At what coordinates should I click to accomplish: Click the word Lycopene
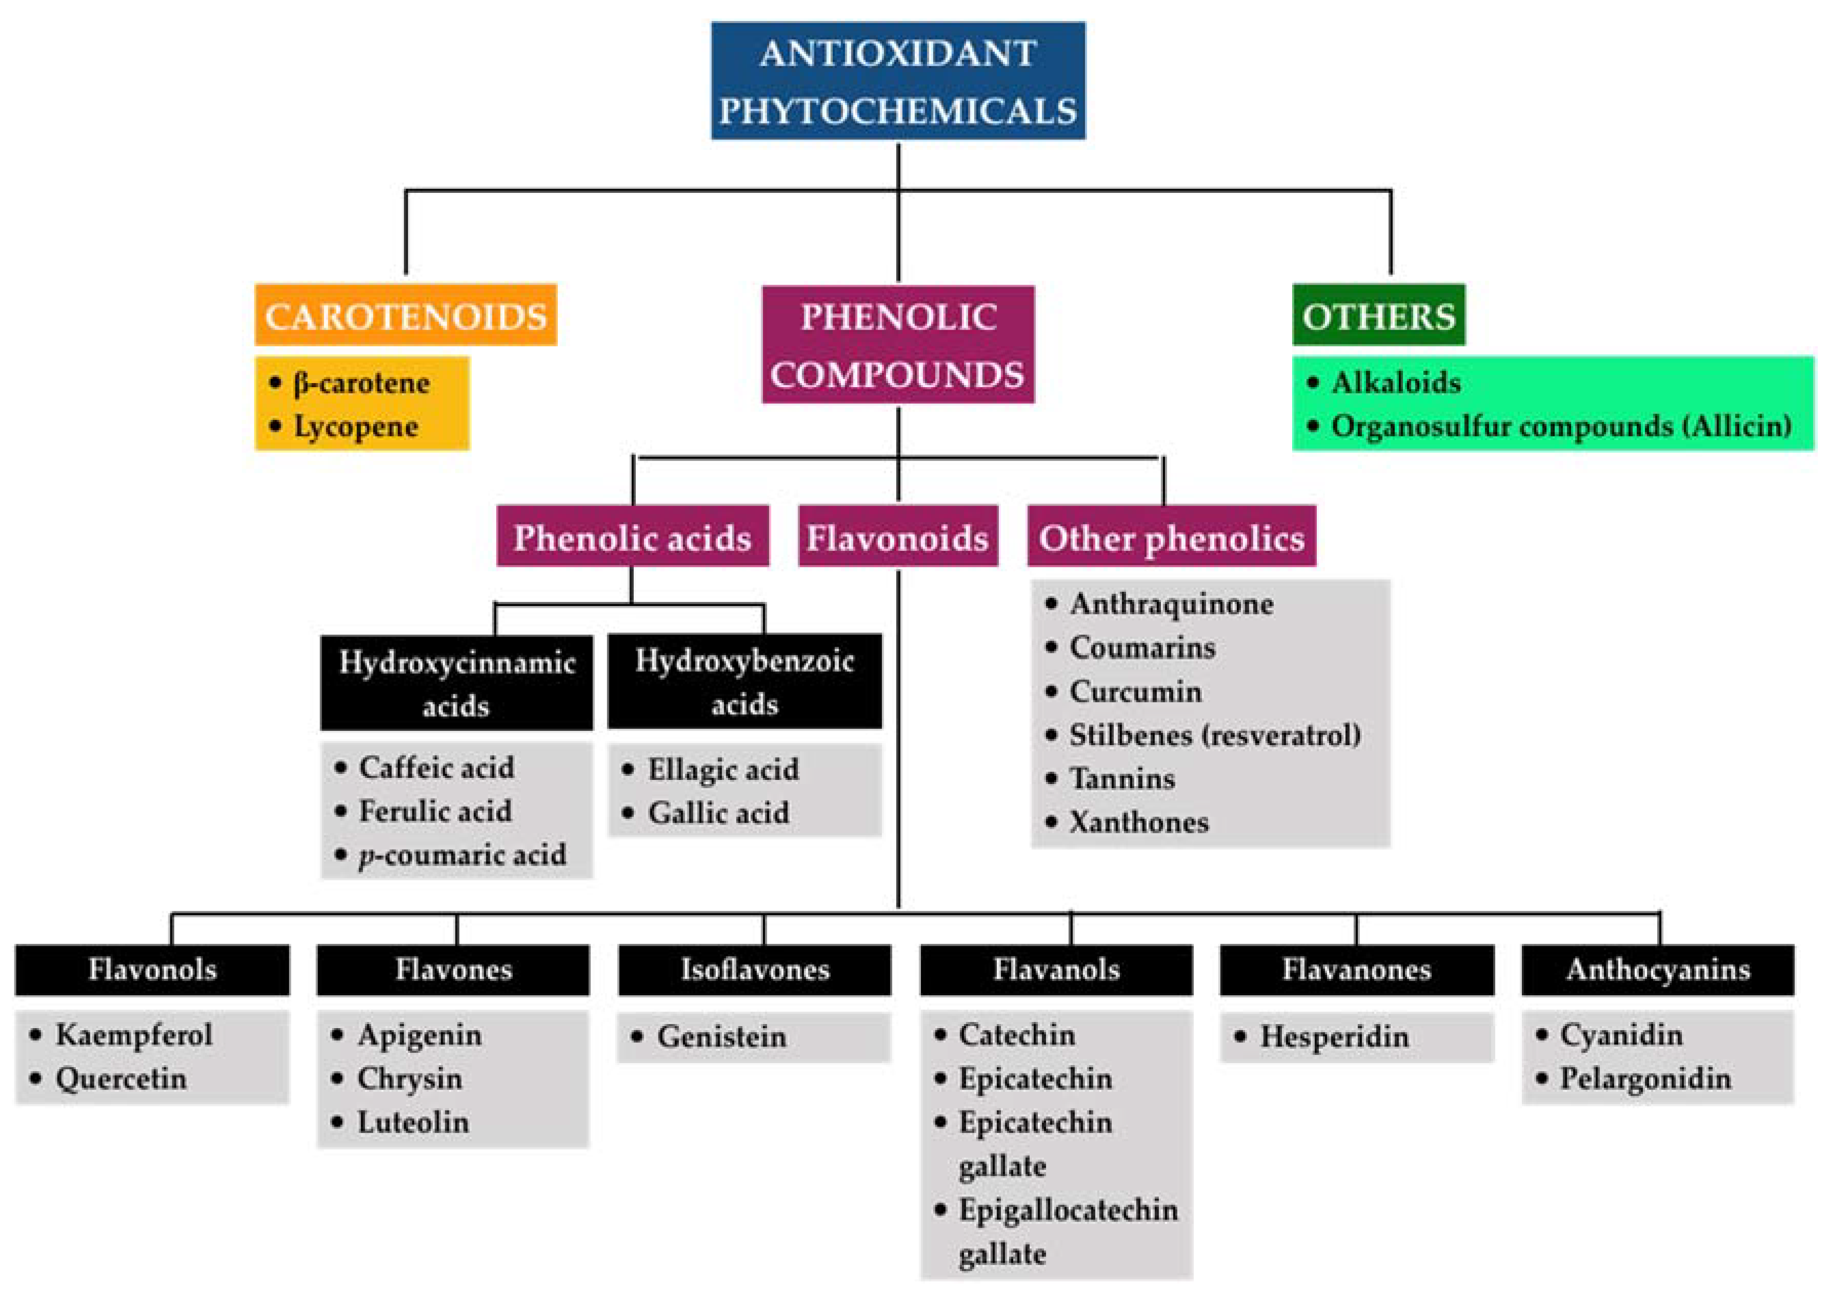(355, 426)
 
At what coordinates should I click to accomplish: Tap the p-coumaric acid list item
(462, 854)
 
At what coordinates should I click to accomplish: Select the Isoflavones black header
(754, 969)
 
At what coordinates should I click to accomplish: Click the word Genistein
(721, 1036)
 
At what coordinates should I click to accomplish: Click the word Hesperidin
(1333, 1036)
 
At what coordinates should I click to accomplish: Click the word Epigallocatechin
(1068, 1209)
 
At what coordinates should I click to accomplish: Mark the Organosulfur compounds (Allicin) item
(1560, 426)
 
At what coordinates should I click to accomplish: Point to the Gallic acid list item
(718, 813)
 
